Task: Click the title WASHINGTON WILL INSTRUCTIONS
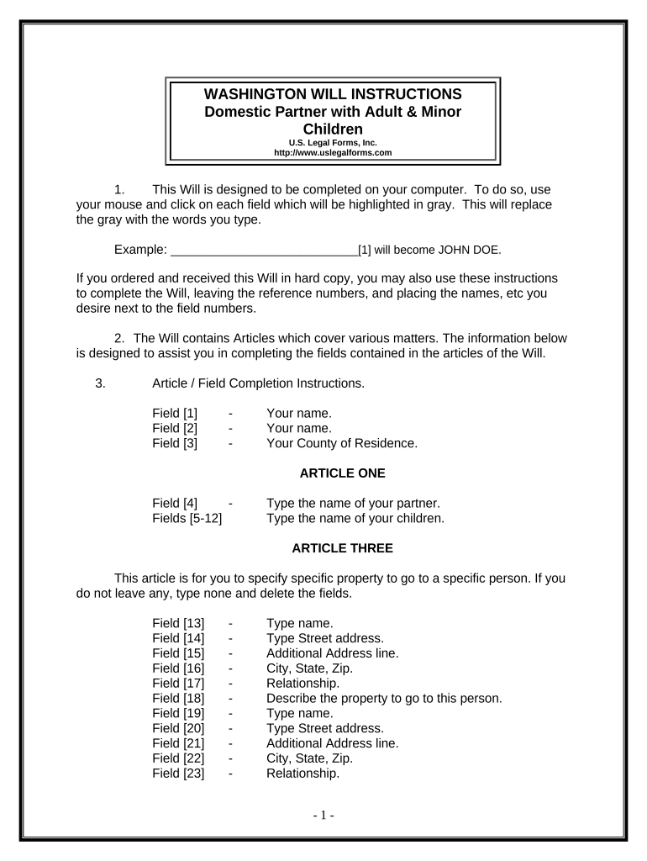pos(333,93)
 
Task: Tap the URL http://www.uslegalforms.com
pos(333,153)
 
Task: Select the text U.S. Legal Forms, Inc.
pos(333,143)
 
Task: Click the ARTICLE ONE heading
pos(342,473)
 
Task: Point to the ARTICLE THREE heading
pos(342,548)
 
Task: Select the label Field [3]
pos(175,443)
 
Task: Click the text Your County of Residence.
pos(341,443)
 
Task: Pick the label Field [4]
pos(175,503)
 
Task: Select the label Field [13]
pos(178,623)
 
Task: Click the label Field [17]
pos(178,684)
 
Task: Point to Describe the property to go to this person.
pos(384,698)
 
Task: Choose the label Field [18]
pos(178,698)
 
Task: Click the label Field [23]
pos(178,774)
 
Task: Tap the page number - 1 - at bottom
pos(323,815)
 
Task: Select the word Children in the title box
pos(333,129)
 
